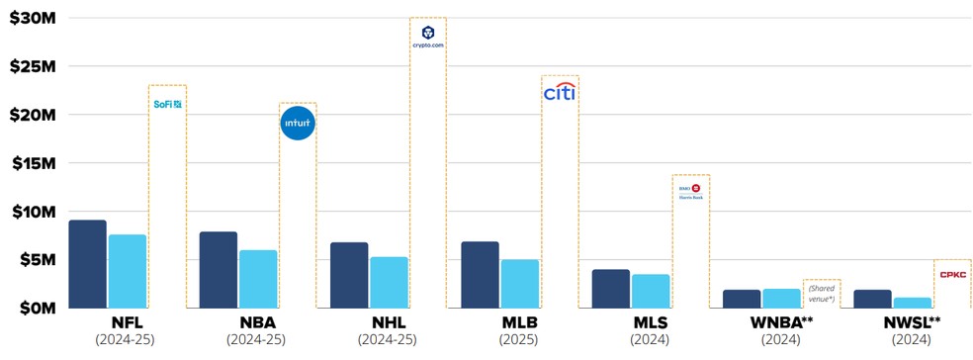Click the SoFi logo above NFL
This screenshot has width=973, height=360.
[167, 103]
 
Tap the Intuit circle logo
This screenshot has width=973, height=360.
[298, 125]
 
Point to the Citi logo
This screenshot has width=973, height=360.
[560, 93]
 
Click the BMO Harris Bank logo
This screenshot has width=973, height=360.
[690, 191]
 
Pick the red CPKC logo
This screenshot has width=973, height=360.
[953, 274]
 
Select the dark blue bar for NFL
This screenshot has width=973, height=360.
[87, 264]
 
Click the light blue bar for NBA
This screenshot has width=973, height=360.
[258, 279]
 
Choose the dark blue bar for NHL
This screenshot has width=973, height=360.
[349, 275]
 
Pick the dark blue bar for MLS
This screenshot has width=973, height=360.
[610, 289]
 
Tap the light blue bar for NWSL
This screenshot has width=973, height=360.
[912, 303]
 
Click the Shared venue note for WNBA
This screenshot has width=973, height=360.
[822, 294]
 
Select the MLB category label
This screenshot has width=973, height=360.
[519, 322]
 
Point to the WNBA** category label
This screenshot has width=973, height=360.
[782, 322]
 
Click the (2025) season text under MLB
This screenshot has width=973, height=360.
[519, 340]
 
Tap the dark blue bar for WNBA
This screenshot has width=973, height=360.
[741, 299]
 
